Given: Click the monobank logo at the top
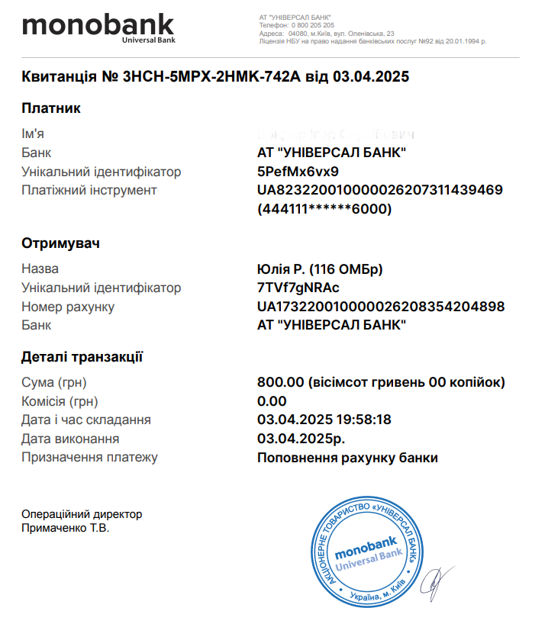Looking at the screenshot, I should pos(98,29).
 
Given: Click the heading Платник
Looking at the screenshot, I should pos(51,108).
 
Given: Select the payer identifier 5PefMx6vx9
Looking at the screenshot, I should pos(298,171).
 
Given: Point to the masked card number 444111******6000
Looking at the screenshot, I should pos(325,208).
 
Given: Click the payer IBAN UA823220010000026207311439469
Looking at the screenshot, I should pos(380,190).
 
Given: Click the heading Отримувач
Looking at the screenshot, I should pos(61,243).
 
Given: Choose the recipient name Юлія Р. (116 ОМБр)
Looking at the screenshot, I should pos(320,269).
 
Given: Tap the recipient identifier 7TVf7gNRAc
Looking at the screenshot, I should pos(298,288).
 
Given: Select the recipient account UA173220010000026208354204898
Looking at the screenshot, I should pos(381,307).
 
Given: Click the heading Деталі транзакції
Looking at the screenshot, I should pos(82,356).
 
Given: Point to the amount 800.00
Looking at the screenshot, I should pos(281,382).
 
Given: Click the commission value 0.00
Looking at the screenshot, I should pos(272,401).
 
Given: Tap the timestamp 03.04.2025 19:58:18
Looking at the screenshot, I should pos(324,420).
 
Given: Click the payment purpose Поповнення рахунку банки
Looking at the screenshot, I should pos(348,458).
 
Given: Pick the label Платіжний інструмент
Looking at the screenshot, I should pos(89,190).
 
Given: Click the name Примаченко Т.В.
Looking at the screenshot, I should pos(66,528).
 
